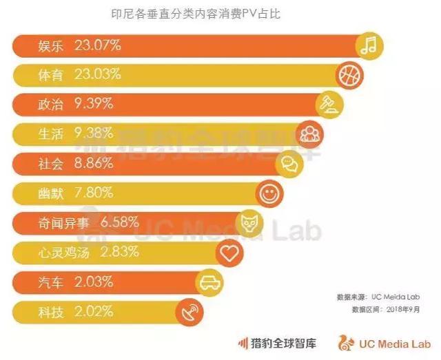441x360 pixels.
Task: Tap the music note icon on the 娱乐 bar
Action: pyautogui.click(x=370, y=46)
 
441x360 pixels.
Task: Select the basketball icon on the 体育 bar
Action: pyautogui.click(x=349, y=74)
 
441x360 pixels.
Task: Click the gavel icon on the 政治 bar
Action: pyautogui.click(x=327, y=105)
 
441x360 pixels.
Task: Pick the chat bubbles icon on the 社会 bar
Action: pyautogui.click(x=288, y=164)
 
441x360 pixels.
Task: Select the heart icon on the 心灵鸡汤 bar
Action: pyautogui.click(x=229, y=253)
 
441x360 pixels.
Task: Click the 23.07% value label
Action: pyautogui.click(x=97, y=46)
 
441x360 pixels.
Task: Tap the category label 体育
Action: pyautogui.click(x=52, y=76)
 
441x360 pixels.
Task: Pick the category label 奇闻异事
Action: pyautogui.click(x=64, y=223)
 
